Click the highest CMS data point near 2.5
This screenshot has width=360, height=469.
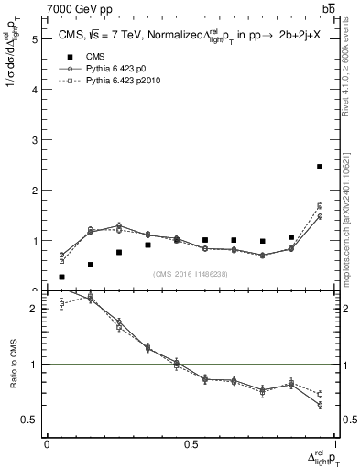[320, 167]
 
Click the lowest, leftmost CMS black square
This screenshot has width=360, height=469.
[61, 277]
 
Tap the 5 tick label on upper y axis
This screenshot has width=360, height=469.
[34, 39]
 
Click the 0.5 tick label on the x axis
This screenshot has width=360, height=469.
[191, 443]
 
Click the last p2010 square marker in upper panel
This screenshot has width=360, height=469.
[320, 205]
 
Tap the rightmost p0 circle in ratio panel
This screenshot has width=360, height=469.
[320, 404]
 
